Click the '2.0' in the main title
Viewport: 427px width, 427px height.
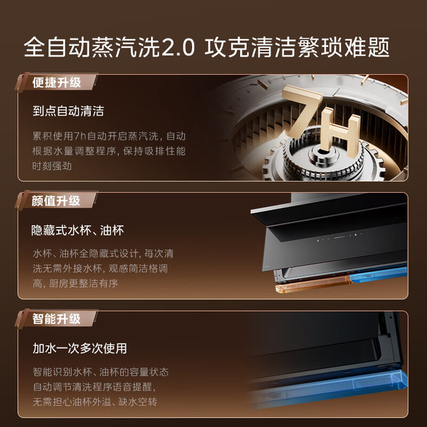[x=178, y=47]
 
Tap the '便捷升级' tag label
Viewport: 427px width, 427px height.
[x=57, y=83]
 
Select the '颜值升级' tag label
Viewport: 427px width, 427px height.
[x=56, y=201]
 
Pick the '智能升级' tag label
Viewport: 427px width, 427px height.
[x=56, y=319]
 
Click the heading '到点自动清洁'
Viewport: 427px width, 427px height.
[x=68, y=111]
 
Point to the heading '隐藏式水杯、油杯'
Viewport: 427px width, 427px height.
[x=77, y=230]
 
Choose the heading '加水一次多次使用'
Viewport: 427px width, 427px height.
[x=80, y=348]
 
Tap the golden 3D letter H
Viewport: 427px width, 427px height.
[x=340, y=133]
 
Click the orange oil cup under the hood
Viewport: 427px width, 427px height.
[x=313, y=285]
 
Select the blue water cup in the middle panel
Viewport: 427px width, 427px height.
[x=378, y=274]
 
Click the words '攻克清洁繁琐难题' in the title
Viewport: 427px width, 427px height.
[x=297, y=47]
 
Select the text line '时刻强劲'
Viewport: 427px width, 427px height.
[x=52, y=166]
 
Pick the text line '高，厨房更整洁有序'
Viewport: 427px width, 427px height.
[x=75, y=284]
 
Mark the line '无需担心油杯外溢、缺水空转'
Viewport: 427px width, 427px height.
[x=95, y=402]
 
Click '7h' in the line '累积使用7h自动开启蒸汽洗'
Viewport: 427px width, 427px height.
[x=80, y=136]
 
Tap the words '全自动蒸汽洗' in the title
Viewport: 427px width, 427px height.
[x=92, y=47]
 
